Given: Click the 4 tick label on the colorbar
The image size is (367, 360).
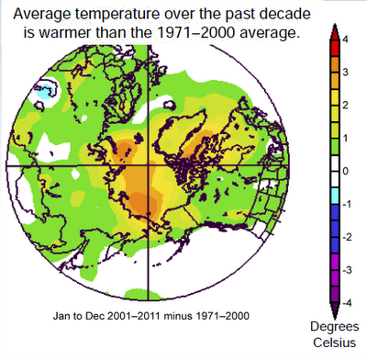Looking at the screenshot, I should (x=344, y=39).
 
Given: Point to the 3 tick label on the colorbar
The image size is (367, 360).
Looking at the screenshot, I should (x=344, y=72).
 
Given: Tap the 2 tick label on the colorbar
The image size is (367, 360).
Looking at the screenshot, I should (x=344, y=105).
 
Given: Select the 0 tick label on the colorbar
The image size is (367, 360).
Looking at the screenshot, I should (x=344, y=171).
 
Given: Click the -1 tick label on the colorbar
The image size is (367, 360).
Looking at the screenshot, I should (x=342, y=203).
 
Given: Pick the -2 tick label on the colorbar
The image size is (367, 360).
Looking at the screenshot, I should (x=342, y=236).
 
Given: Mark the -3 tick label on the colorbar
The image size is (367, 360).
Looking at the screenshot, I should (x=342, y=269).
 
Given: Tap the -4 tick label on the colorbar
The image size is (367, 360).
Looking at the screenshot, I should (x=342, y=302).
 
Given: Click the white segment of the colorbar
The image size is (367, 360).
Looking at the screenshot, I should (x=326, y=171).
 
